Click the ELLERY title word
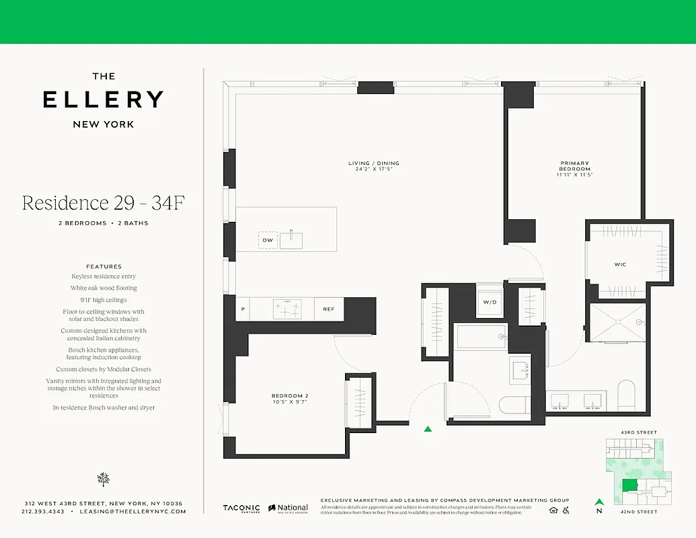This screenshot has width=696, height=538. [103, 100]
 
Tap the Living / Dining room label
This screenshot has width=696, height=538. [373, 166]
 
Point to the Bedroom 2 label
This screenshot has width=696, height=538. [290, 398]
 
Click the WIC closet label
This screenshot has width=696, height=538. [620, 264]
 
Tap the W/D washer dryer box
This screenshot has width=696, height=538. [489, 302]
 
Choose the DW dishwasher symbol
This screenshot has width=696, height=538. [268, 240]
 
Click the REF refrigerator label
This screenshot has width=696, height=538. [329, 309]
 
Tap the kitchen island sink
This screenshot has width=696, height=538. [291, 239]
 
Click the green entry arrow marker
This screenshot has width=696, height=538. [428, 428]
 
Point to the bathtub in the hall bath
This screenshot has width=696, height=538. [481, 336]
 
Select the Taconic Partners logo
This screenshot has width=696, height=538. [241, 509]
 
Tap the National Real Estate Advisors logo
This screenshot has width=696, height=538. [288, 509]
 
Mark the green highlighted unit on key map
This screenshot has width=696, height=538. [630, 486]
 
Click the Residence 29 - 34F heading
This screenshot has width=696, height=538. [103, 203]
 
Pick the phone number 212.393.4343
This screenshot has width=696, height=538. [43, 512]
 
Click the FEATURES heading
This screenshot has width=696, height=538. [104, 266]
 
